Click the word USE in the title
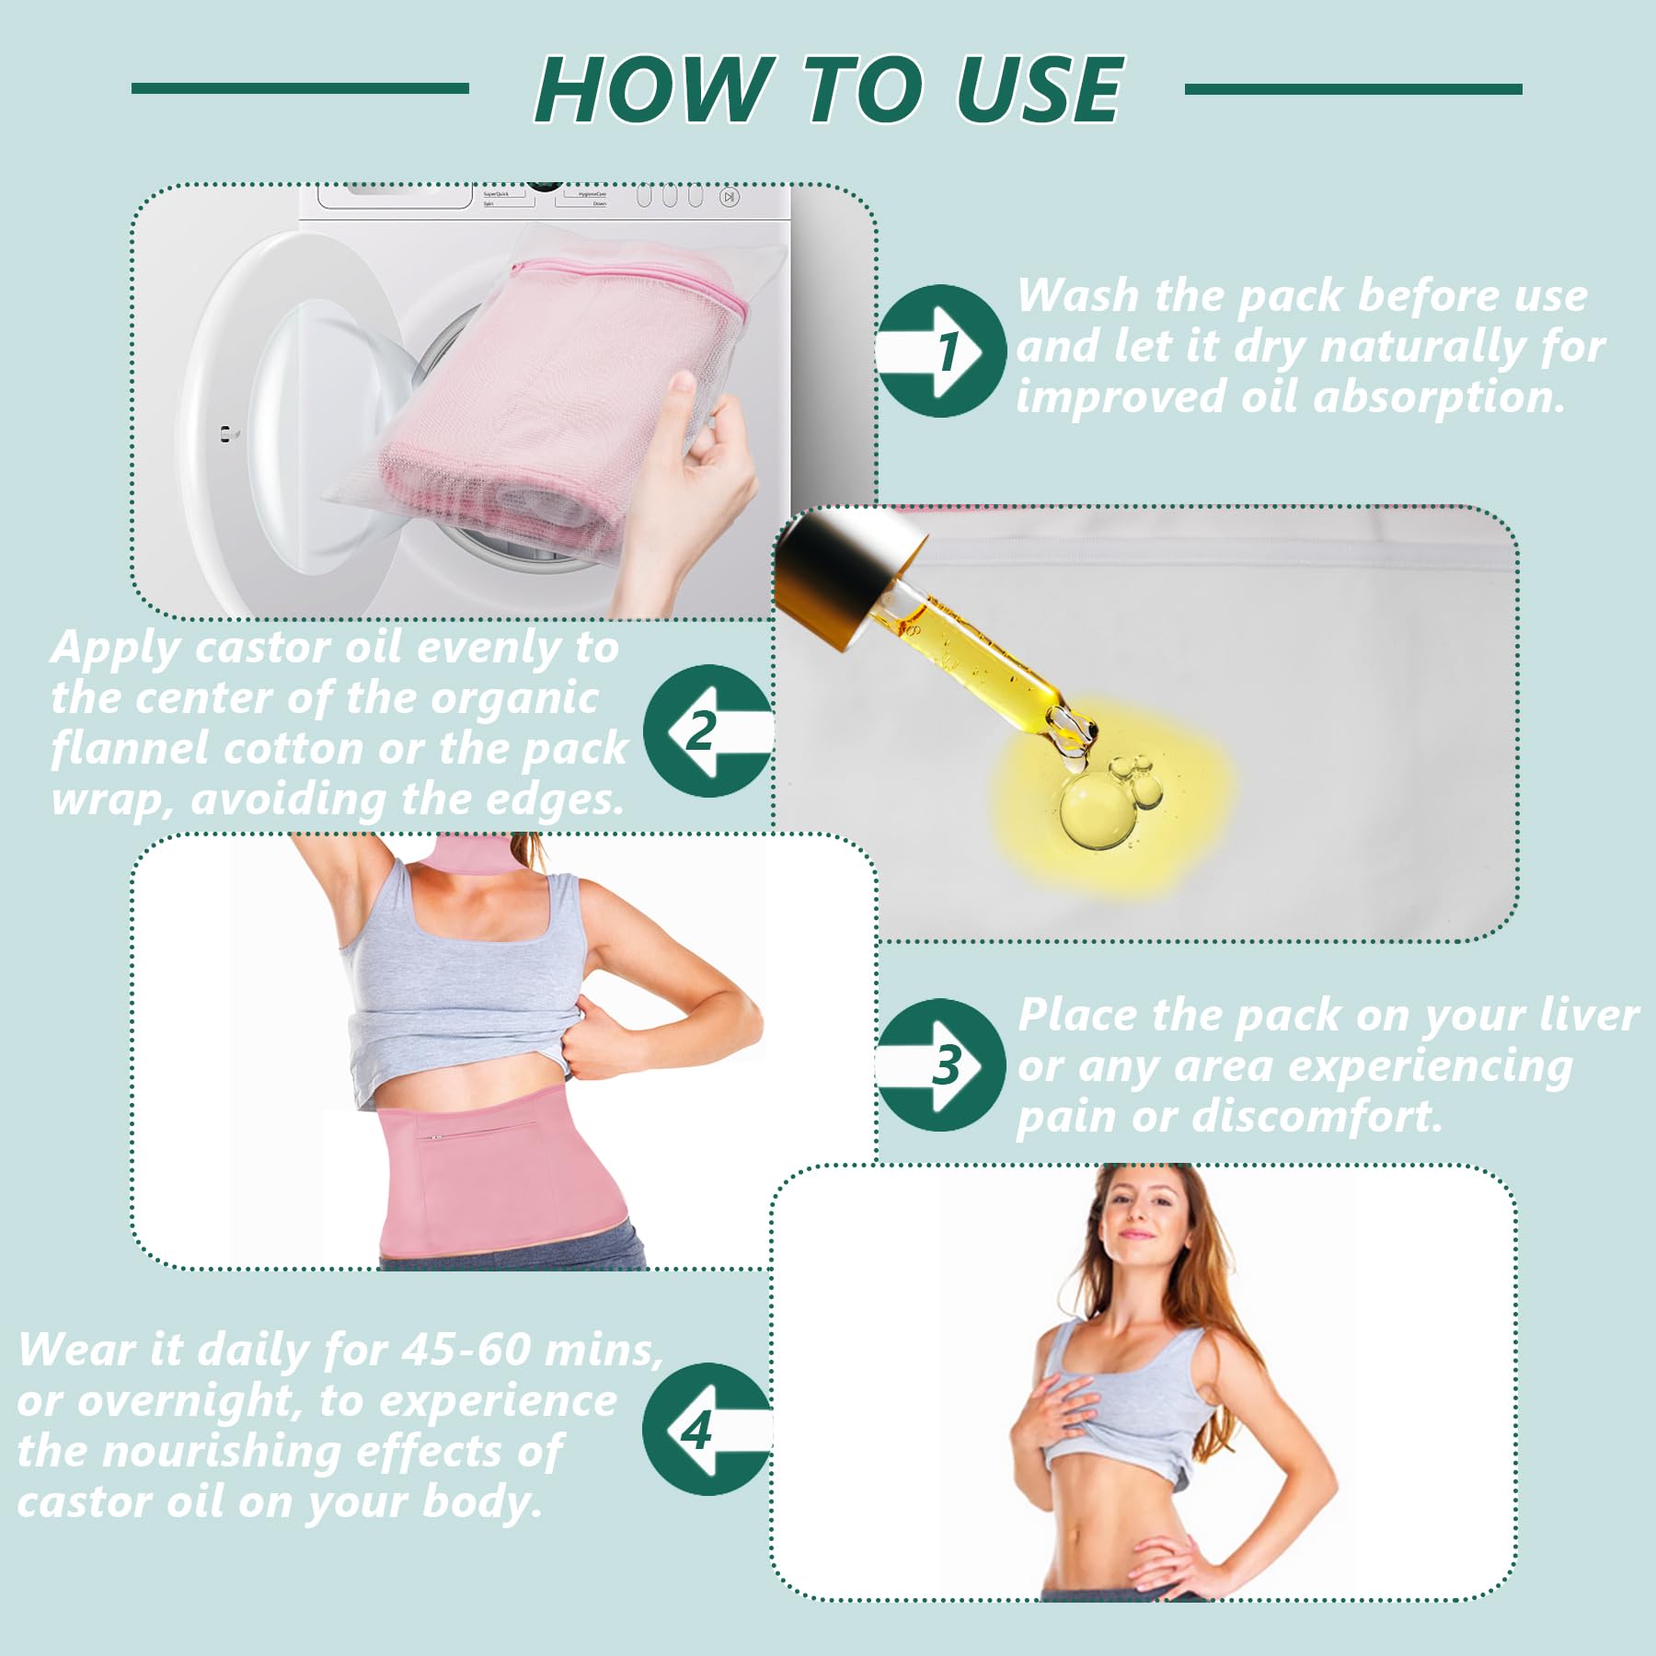coord(1039,88)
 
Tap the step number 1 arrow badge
coord(940,351)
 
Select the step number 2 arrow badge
coord(708,730)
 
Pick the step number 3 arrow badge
coord(940,1064)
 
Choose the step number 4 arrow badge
coord(708,1429)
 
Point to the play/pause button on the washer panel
coord(729,197)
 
